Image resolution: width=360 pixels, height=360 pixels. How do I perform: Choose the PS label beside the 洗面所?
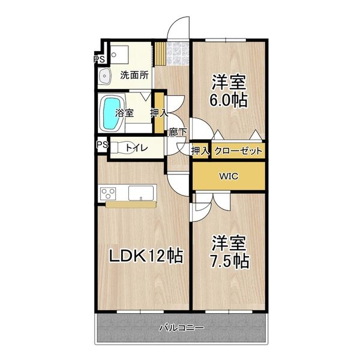[99, 59]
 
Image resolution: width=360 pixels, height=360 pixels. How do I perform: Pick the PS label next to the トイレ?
[101, 145]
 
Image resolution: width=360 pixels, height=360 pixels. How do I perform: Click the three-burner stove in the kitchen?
[109, 193]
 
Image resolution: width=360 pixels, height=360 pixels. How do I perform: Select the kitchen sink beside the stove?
[142, 193]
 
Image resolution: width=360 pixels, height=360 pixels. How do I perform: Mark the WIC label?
[227, 176]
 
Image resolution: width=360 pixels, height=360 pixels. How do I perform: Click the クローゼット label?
[238, 151]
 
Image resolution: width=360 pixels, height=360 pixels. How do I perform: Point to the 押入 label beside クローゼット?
[200, 151]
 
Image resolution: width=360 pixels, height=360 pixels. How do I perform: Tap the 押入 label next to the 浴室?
[158, 112]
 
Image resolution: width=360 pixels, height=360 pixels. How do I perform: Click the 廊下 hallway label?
[177, 132]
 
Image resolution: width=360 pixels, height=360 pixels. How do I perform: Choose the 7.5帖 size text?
[230, 261]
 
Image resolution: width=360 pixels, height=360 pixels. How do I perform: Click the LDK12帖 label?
[145, 256]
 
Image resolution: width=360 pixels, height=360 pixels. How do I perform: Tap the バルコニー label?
[181, 328]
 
